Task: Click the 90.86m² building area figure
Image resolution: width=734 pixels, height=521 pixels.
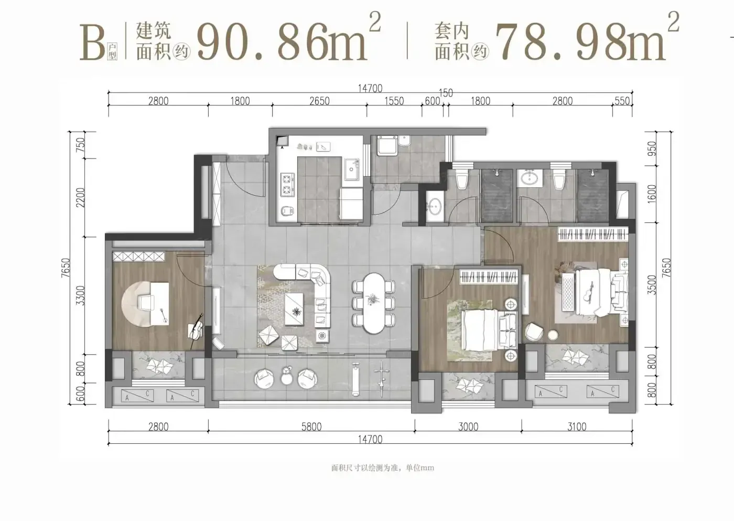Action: pos(289,38)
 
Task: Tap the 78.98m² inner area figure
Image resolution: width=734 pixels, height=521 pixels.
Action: pos(587,38)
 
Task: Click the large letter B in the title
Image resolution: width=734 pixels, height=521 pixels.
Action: pos(92,43)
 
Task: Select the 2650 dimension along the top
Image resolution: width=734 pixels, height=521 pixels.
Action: pos(319,101)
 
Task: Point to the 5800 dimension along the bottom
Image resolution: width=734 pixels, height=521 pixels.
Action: pos(311,427)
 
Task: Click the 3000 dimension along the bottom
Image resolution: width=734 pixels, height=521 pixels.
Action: pos(468,427)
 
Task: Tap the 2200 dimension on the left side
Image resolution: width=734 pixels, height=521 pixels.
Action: pos(80,197)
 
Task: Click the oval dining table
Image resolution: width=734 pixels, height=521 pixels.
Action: pos(373,303)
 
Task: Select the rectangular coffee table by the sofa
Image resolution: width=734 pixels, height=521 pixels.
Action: pos(294,309)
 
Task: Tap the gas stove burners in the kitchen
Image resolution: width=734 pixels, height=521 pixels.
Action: pos(287,185)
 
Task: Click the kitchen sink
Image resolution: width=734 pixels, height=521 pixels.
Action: pos(351,169)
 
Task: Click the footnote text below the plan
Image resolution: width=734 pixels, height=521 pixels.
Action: pos(382,467)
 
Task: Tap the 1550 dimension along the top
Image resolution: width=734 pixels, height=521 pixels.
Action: pos(394,101)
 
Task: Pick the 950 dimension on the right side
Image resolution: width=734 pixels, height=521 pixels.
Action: pos(652,148)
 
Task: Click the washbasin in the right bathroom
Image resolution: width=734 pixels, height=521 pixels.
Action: pos(528,178)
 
